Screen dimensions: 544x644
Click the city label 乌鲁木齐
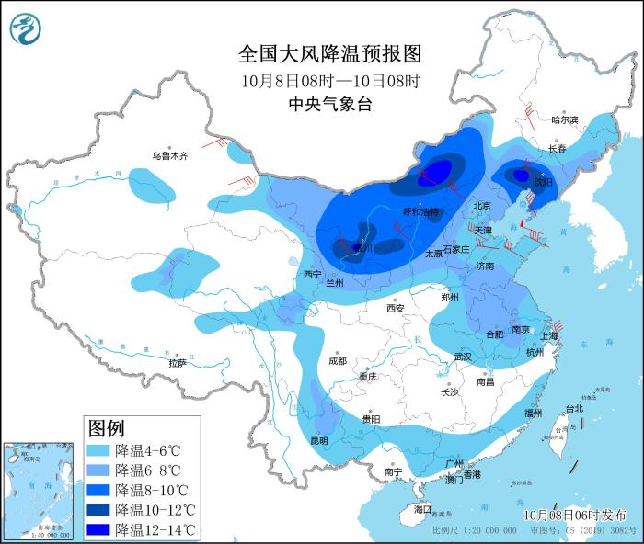tap(170, 156)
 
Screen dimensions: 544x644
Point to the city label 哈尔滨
tap(564, 119)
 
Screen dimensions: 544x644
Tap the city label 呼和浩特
tap(423, 211)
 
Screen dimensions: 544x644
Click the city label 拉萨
tap(178, 363)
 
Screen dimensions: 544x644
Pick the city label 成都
tap(338, 360)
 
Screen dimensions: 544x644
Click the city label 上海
tap(550, 336)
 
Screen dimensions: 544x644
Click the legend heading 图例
tap(106, 428)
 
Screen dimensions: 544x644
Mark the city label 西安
tap(396, 308)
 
